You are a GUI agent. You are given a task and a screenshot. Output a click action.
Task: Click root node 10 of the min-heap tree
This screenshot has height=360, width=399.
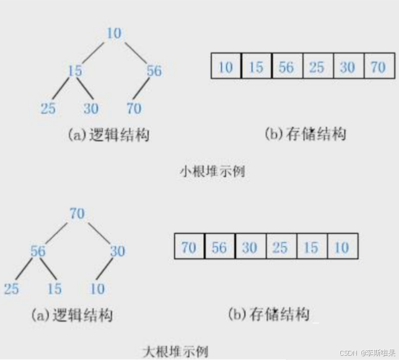(114, 33)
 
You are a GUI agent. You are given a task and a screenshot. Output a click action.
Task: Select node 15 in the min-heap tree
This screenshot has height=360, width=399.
(74, 71)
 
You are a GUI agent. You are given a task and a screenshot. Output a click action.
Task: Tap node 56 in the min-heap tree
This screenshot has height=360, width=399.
(154, 71)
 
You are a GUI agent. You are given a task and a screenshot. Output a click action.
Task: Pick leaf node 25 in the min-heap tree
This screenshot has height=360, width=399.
(48, 108)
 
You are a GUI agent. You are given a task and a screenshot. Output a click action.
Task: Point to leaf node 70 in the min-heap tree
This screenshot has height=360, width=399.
(133, 108)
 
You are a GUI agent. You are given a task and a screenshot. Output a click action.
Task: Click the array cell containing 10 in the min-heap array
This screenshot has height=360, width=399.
(226, 67)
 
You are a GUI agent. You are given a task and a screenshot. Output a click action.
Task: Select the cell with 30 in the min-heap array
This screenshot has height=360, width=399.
(348, 67)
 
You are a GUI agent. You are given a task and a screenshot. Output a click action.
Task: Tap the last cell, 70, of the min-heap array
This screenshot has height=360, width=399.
(378, 67)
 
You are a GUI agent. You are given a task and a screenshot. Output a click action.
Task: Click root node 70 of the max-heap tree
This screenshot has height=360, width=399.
(77, 214)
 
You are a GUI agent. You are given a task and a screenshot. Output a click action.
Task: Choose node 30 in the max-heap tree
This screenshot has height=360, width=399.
(117, 251)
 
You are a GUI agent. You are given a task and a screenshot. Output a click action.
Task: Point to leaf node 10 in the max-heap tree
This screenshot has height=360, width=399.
(97, 289)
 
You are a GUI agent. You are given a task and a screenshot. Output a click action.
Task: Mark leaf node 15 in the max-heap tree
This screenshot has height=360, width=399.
(54, 289)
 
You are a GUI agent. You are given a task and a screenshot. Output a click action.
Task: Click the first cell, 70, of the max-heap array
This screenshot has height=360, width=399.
(189, 248)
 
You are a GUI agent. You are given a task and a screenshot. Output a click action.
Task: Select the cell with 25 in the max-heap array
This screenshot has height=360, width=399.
(280, 248)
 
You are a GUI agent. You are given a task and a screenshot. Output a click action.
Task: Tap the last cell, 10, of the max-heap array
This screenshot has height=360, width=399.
(341, 248)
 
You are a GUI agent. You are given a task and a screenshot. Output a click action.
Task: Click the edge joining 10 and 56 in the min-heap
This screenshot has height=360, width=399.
(135, 51)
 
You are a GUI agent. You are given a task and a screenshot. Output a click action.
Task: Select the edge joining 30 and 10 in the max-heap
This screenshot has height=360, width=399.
(107, 270)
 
